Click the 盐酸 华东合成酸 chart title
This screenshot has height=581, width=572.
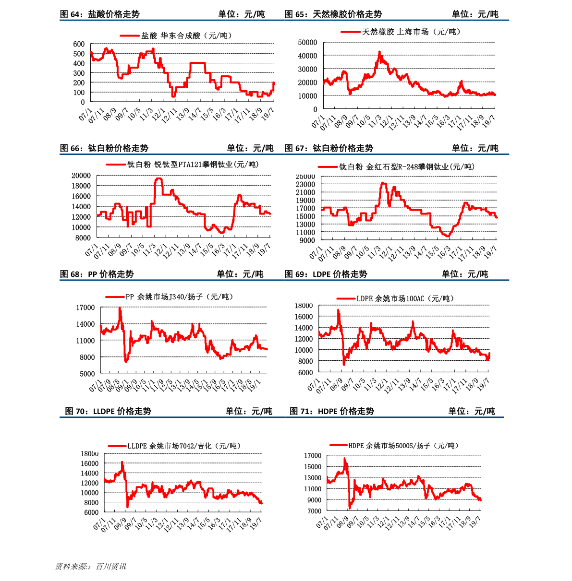[x=186, y=36]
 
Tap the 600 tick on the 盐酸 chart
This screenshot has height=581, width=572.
[x=79, y=44]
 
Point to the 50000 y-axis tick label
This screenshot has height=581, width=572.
[x=307, y=43]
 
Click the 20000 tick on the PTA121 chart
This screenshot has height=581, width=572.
[x=81, y=176]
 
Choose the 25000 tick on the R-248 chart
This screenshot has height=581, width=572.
[x=305, y=177]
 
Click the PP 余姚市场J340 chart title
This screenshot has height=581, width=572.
[x=180, y=297]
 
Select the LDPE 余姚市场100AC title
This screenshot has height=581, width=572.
[x=405, y=298]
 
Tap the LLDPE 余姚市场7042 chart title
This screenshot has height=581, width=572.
[x=184, y=446]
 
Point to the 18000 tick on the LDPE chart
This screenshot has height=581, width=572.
[x=304, y=306]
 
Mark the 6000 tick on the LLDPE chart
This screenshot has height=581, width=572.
[x=90, y=512]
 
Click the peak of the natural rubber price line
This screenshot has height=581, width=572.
[x=379, y=52]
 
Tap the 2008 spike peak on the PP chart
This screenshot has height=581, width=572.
[x=120, y=308]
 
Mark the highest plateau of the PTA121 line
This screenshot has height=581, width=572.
[x=158, y=178]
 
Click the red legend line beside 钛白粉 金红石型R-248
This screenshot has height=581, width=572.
[x=328, y=167]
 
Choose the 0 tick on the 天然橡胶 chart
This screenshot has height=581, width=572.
[x=315, y=109]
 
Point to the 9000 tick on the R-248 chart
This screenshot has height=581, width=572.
[x=307, y=240]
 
